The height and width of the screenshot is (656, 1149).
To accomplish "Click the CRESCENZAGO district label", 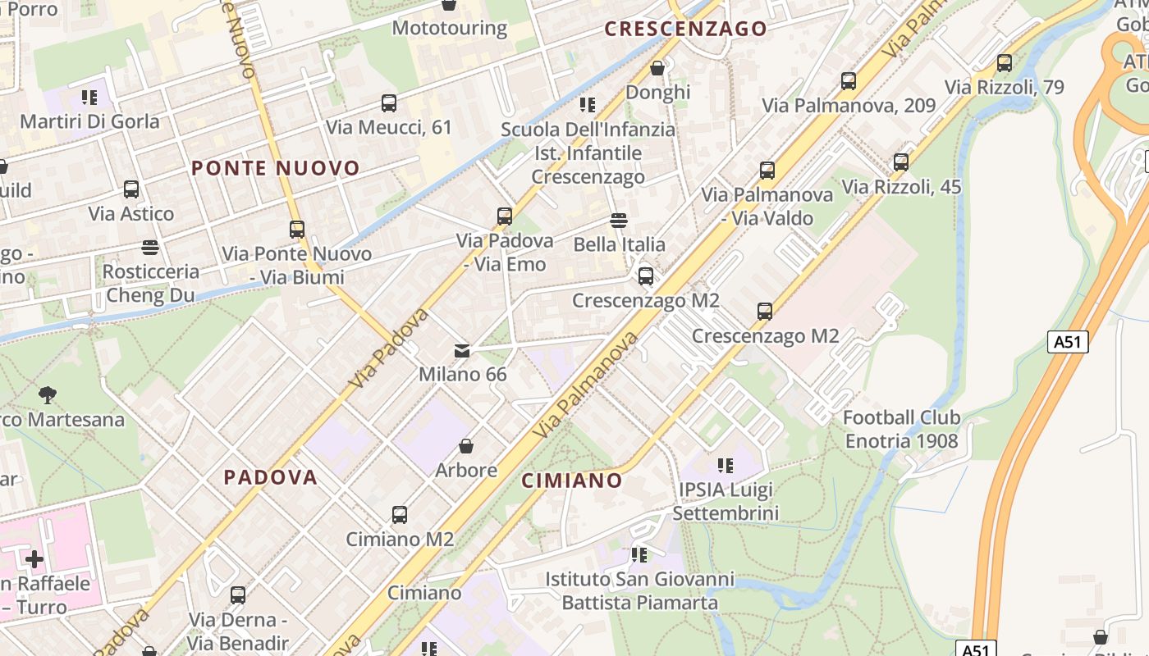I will tap(686, 30).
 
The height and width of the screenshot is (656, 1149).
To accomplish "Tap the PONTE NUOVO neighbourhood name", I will tap(276, 169).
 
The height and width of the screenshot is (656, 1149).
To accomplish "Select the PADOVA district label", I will tap(271, 477).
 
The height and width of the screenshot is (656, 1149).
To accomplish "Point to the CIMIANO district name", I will tap(572, 481).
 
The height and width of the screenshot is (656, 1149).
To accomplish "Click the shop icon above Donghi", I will tap(657, 68).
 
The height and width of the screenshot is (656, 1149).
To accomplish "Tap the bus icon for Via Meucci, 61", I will tap(389, 103).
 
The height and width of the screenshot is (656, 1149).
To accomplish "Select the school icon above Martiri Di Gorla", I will tap(89, 98).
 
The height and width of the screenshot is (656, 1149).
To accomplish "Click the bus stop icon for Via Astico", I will tap(131, 189).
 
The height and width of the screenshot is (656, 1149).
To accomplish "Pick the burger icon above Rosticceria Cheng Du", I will tap(149, 247).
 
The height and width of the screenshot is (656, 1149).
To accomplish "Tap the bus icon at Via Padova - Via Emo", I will tap(505, 216).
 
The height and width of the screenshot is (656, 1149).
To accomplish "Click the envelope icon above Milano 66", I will tap(463, 351).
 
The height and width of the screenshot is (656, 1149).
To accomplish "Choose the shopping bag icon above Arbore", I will tap(466, 446).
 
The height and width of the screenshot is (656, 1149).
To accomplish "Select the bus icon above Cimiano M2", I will tap(400, 515).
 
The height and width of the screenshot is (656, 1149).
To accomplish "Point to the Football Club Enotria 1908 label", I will tap(901, 429).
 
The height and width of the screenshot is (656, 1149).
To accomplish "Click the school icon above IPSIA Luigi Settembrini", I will tap(726, 466).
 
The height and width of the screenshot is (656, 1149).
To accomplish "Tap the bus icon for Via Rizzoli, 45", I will tap(901, 162).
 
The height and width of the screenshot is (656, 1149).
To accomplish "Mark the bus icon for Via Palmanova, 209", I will tap(849, 81).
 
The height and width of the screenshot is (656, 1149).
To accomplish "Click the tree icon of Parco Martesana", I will tap(48, 395).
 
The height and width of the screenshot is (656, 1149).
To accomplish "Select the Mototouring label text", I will tap(450, 28).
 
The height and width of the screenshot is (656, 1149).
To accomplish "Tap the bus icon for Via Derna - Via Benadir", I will tap(238, 595).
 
